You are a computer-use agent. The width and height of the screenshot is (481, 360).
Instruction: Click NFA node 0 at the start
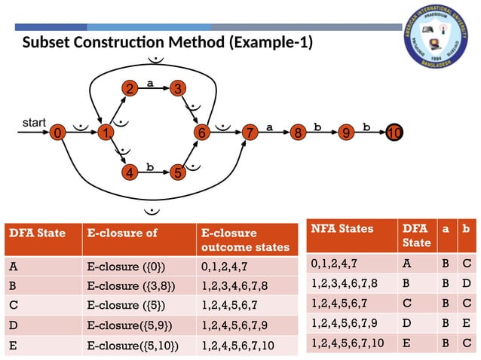57,133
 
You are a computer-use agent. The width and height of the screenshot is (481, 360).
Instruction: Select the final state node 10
394,133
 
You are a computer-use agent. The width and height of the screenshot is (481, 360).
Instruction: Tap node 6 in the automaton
201,133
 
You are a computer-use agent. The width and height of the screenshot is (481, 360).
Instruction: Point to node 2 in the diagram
130,90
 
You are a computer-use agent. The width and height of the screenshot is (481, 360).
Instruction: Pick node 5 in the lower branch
177,173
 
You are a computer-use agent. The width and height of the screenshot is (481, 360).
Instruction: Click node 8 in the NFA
298,133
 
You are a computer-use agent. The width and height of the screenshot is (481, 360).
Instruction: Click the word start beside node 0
35,121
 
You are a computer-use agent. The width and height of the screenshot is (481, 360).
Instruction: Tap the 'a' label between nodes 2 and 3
151,84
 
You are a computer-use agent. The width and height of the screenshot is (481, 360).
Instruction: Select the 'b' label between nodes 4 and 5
150,167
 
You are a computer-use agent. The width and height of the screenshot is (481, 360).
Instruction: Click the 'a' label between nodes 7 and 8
269,127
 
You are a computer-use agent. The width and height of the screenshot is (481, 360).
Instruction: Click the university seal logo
436,39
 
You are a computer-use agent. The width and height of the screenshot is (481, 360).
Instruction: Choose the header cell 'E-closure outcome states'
245,239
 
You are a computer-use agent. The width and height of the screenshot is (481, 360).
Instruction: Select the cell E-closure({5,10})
133,346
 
